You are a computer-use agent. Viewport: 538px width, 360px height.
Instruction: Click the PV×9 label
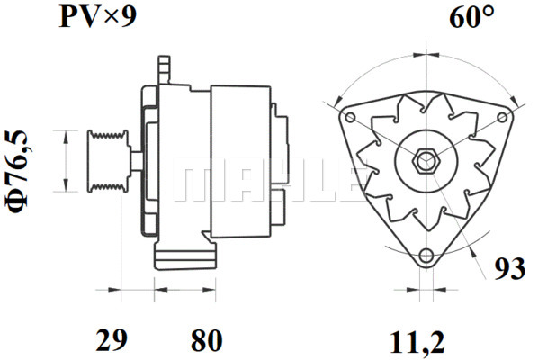point(98,17)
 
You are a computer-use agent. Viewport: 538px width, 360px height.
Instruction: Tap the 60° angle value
point(472,16)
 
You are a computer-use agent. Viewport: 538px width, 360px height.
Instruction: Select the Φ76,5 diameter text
point(16,171)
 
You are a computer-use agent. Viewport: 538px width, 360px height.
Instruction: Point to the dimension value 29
point(112,340)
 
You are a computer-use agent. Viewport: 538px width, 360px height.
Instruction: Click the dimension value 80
point(207,340)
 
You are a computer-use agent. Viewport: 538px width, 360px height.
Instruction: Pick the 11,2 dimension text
point(417,342)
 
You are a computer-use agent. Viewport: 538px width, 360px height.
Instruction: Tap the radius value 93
point(509,268)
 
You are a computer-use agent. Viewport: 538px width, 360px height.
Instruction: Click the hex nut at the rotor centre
point(425,160)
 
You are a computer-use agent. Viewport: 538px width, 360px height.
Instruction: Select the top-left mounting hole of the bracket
point(350,117)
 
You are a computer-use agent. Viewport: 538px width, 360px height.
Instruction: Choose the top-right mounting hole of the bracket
point(502,117)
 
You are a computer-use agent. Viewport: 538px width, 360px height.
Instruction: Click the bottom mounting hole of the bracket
point(426,256)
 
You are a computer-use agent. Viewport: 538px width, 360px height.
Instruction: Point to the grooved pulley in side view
point(108,161)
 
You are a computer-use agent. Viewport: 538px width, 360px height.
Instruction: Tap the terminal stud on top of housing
point(164,69)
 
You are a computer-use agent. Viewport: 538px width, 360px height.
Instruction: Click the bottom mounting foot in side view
point(185,256)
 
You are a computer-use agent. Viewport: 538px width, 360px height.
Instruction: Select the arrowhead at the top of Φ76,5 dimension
point(66,137)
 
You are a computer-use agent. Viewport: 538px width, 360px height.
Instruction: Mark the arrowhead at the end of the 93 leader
point(474,253)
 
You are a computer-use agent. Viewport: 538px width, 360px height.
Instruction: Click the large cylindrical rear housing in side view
point(241,161)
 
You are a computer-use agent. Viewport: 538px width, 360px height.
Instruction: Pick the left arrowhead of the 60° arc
point(338,101)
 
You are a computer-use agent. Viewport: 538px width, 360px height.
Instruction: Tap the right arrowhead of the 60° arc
point(515,101)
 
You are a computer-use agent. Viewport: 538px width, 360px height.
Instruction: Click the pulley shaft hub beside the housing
point(136,161)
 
